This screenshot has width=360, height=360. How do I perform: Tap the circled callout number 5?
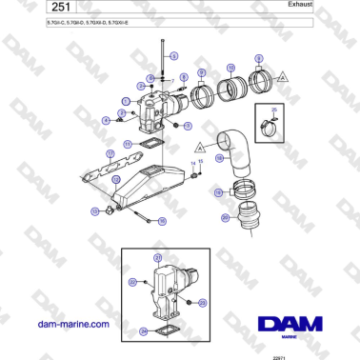(x=174, y=57)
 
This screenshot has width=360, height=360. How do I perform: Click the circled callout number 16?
(x=163, y=221)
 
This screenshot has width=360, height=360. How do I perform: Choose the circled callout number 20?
(x=225, y=218)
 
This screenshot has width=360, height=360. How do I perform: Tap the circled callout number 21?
(x=157, y=259)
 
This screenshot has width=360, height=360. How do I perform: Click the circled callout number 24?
(x=144, y=330)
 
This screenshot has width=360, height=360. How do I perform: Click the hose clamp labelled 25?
(x=273, y=121)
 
